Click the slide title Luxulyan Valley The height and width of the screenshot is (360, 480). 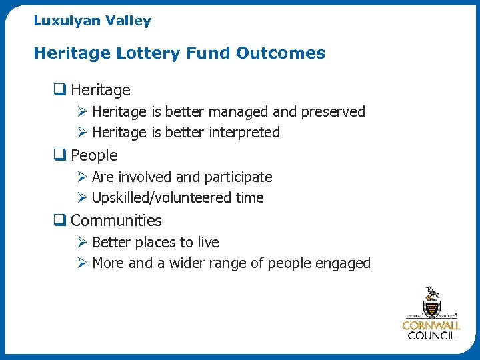click(x=92, y=21)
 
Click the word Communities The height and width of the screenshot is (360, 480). click(x=116, y=221)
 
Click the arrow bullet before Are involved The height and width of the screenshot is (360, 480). click(x=81, y=177)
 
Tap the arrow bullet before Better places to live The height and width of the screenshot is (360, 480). click(x=81, y=243)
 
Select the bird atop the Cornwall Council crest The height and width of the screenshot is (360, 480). click(x=431, y=293)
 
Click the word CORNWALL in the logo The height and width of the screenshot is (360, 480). click(x=431, y=326)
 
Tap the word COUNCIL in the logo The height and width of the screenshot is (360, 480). click(x=431, y=336)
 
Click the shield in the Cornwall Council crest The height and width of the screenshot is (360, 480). click(x=431, y=309)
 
